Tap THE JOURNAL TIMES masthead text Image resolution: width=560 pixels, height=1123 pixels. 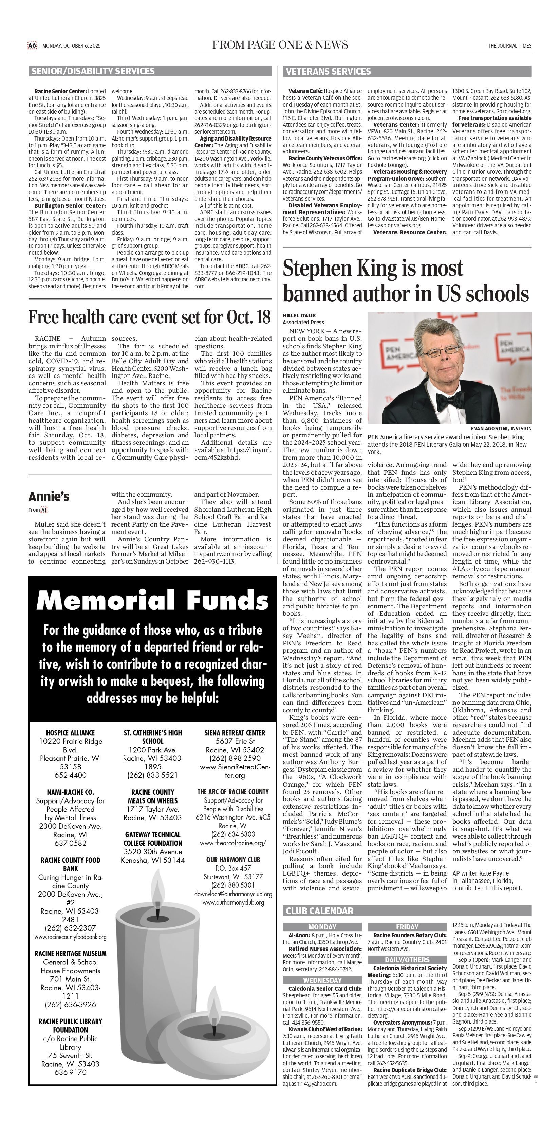click(x=509, y=46)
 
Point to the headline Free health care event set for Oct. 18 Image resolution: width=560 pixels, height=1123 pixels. click(x=149, y=317)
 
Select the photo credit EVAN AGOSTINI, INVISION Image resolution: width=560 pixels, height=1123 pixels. click(x=501, y=428)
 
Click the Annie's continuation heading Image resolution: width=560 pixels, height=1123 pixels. click(x=49, y=497)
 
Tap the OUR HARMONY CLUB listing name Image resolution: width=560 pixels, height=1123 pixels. click(x=233, y=859)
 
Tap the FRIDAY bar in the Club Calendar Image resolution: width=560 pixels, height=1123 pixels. click(x=407, y=927)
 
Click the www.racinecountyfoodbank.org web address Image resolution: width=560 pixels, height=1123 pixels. click(x=70, y=936)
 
